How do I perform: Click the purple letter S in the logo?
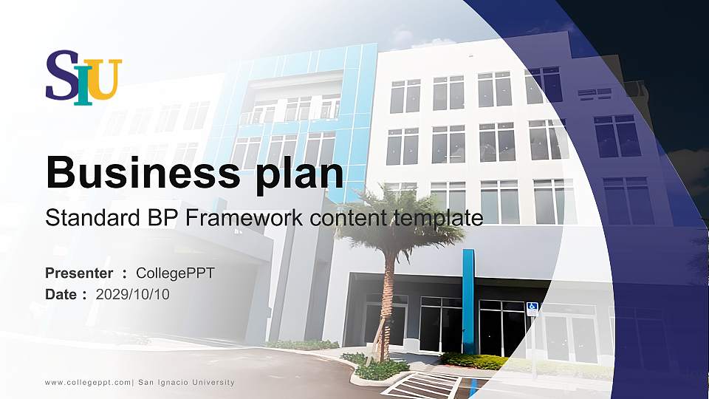[62, 75]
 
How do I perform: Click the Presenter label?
[79, 273]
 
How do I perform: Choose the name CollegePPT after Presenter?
[176, 273]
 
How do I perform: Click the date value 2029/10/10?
[133, 294]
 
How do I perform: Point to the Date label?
[61, 294]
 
